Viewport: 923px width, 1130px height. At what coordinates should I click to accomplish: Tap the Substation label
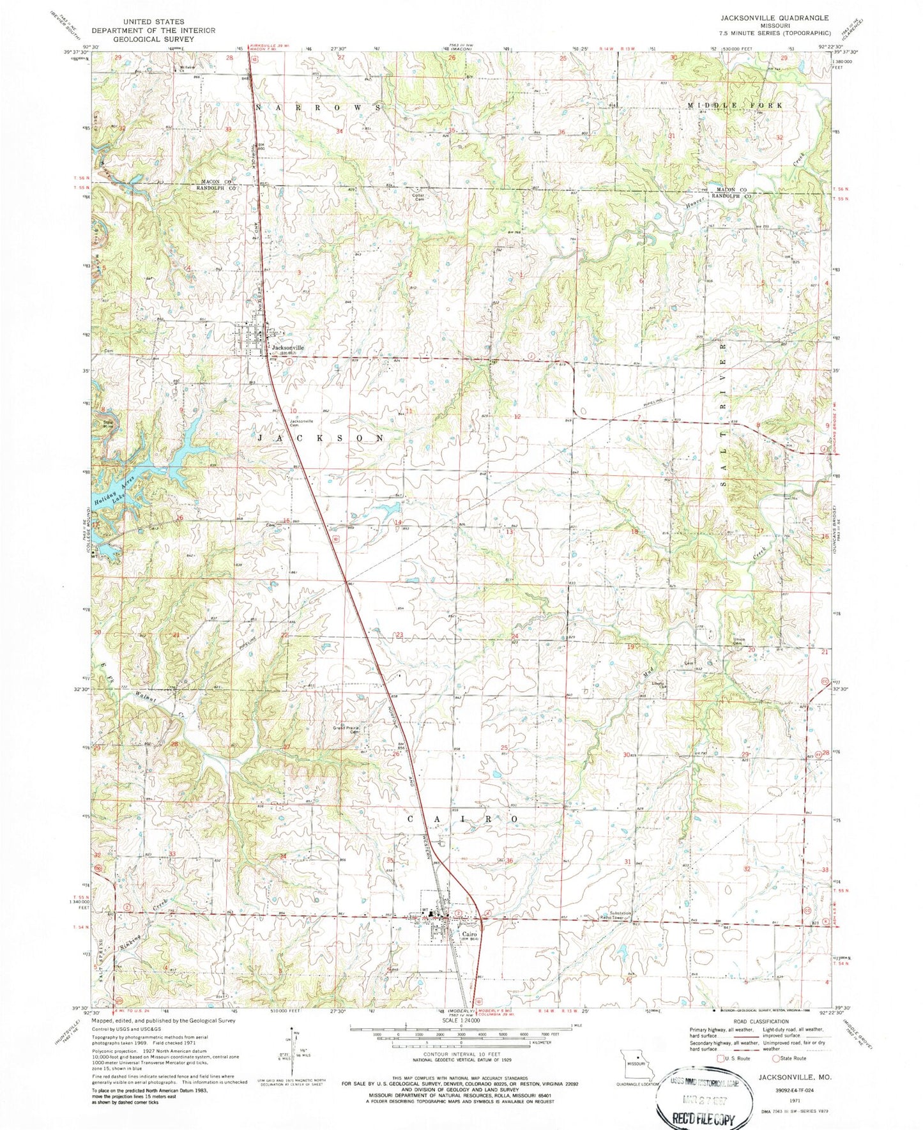pyautogui.click(x=614, y=913)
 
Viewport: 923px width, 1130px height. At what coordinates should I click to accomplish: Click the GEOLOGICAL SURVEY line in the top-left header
pyautogui.click(x=153, y=38)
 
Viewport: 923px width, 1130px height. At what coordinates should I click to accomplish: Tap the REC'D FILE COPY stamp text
pyautogui.click(x=699, y=1117)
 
